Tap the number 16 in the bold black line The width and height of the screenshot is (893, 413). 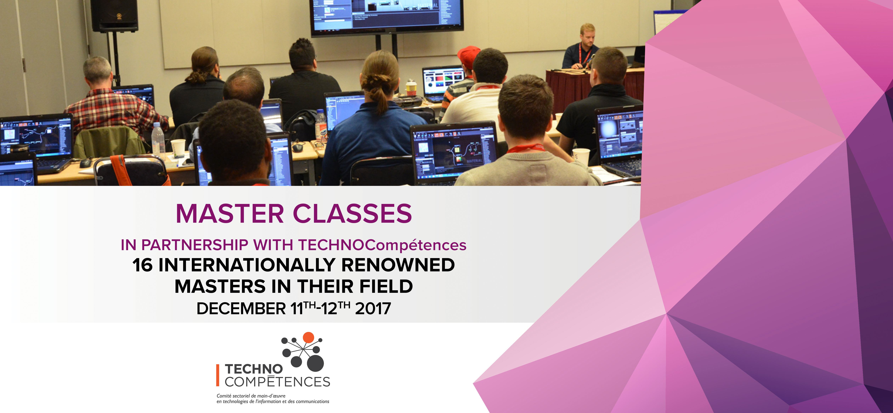pyautogui.click(x=142, y=265)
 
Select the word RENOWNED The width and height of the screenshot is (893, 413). pyautogui.click(x=398, y=265)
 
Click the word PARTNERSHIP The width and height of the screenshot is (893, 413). pyautogui.click(x=195, y=245)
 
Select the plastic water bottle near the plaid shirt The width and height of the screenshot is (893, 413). pyautogui.click(x=158, y=139)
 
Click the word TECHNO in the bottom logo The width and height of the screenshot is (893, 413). pyautogui.click(x=254, y=369)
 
